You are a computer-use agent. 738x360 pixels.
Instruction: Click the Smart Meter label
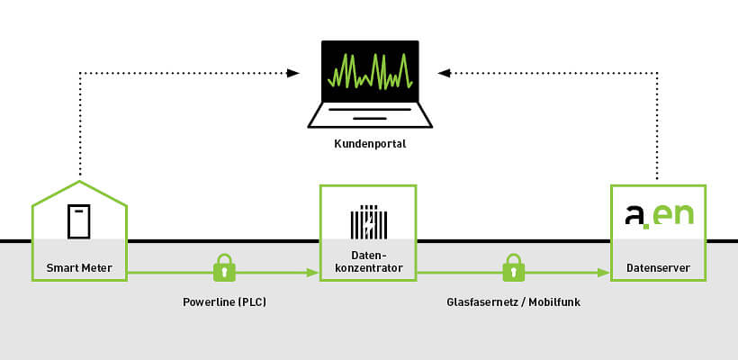tap(79, 268)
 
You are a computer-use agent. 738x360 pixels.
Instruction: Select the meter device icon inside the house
tap(79, 221)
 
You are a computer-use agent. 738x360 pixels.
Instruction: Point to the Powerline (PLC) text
tap(224, 302)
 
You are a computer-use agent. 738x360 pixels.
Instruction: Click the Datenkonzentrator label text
tap(369, 262)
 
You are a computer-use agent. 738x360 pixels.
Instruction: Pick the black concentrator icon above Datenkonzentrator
tap(369, 222)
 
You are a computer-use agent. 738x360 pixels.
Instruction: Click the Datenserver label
tap(659, 268)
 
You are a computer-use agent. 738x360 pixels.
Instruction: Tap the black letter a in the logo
tap(635, 215)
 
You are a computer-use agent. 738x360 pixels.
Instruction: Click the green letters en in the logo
tap(674, 215)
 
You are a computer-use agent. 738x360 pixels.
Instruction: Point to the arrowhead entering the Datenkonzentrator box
tap(313, 272)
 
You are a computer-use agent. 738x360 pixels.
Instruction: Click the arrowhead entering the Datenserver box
tap(604, 272)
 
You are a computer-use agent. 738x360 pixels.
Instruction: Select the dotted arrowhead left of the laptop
tap(293, 72)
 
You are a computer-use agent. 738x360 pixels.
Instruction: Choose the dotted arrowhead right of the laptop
tap(444, 72)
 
